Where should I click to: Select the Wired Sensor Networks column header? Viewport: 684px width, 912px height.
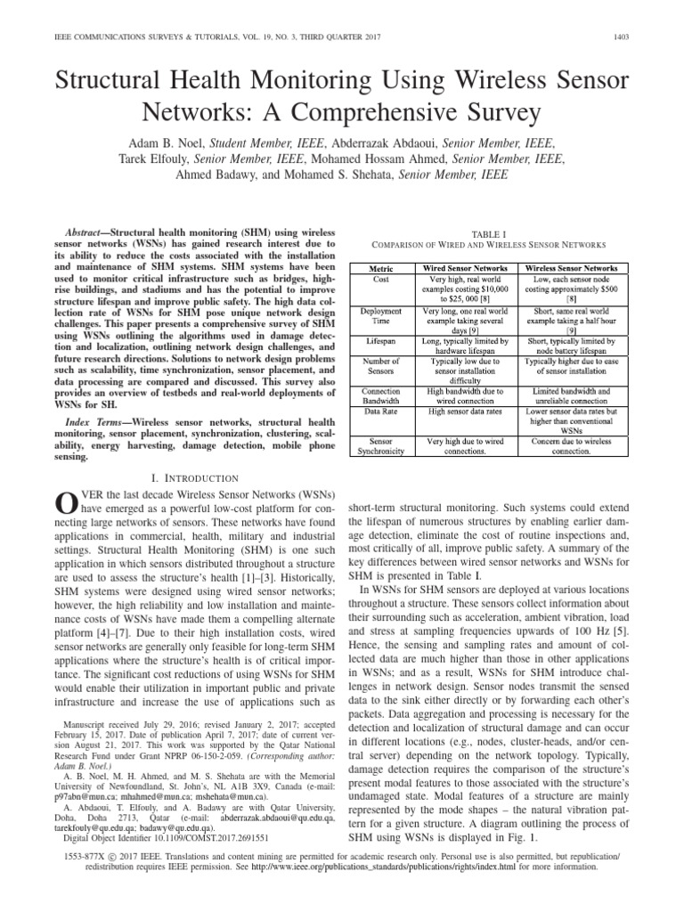click(x=465, y=267)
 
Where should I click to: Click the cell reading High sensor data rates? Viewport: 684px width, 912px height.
click(x=465, y=411)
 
